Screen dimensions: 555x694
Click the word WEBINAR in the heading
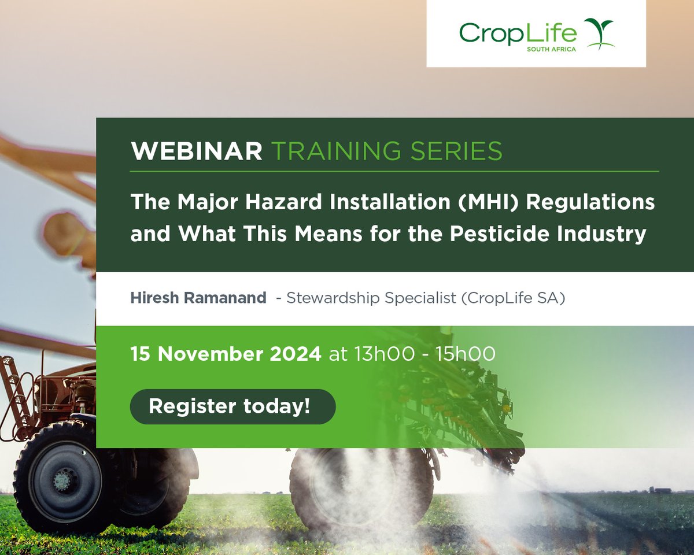click(x=197, y=151)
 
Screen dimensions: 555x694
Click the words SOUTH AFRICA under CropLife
click(x=551, y=50)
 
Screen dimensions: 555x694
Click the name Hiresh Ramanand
click(x=198, y=298)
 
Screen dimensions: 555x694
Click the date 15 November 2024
click(x=226, y=354)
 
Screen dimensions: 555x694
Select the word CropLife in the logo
click(x=518, y=32)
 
